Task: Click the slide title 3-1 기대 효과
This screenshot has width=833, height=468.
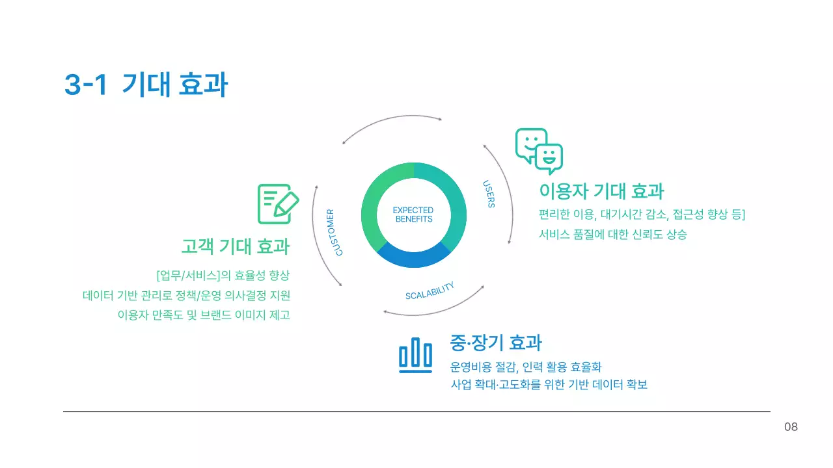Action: (146, 85)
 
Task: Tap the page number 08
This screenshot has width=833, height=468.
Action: (791, 427)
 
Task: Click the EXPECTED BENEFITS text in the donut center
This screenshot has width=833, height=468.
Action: (413, 214)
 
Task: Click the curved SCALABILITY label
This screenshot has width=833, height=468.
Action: (430, 291)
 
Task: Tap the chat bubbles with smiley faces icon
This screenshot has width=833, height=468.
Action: (539, 151)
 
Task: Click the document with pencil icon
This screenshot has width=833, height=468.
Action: (278, 204)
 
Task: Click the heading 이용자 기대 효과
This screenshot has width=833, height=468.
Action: (601, 191)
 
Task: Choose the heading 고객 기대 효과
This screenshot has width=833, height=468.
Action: (235, 246)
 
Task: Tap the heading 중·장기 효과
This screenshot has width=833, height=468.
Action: (496, 342)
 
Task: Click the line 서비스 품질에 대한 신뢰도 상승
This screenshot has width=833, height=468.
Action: (612, 235)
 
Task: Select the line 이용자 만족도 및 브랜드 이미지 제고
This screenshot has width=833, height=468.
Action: (203, 315)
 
